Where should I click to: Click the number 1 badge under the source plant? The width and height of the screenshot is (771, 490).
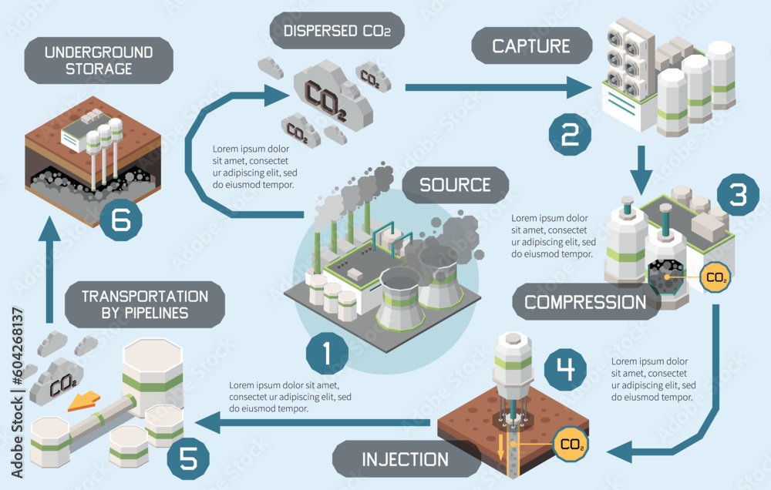click(x=326, y=354)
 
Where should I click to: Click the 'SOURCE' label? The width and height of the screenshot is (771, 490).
click(x=455, y=185)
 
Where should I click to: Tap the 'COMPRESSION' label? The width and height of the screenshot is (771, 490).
click(x=585, y=301)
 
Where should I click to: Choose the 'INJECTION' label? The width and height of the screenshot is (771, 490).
click(x=405, y=459)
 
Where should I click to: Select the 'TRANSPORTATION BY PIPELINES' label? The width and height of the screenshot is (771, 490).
click(x=145, y=304)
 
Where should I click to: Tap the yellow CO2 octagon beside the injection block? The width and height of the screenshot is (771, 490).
click(x=571, y=445)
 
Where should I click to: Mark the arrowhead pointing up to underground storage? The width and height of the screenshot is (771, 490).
click(x=48, y=229)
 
